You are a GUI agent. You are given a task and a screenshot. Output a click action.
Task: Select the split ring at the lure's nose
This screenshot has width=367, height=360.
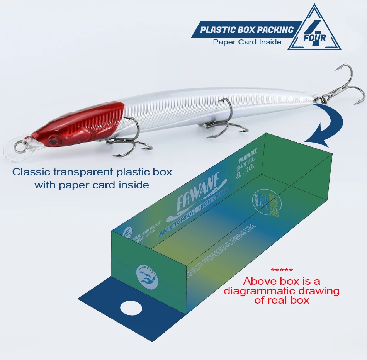tap(20, 146)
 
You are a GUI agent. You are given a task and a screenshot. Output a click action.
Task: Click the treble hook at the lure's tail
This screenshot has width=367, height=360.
tap(346, 87)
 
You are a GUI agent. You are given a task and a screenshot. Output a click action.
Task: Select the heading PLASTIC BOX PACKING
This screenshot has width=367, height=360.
tap(247, 30)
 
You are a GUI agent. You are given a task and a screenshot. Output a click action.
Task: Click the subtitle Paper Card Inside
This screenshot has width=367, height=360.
tap(247, 42)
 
